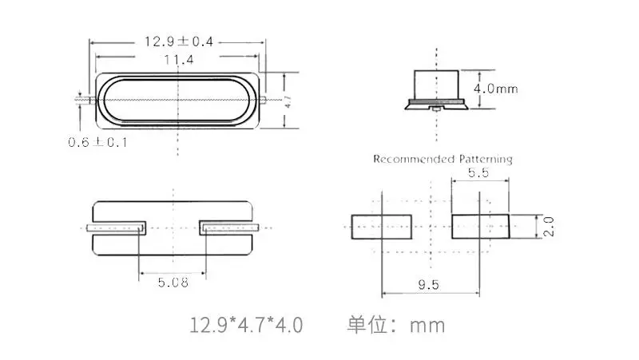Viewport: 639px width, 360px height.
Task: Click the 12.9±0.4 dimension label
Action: (x=179, y=42)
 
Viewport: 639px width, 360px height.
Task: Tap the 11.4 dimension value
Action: (x=179, y=61)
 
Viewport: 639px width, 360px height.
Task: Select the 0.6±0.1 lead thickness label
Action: (x=97, y=142)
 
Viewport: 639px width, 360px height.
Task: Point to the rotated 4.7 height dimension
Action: (x=288, y=101)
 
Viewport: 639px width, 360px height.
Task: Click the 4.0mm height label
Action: (x=495, y=89)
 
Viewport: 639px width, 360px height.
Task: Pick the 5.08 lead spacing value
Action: (x=173, y=283)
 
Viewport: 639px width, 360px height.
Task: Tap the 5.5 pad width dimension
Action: (x=478, y=172)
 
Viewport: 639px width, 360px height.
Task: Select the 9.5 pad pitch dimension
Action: (x=429, y=284)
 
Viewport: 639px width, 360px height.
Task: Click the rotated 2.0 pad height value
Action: (x=549, y=227)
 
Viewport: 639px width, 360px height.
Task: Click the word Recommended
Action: (x=414, y=159)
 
